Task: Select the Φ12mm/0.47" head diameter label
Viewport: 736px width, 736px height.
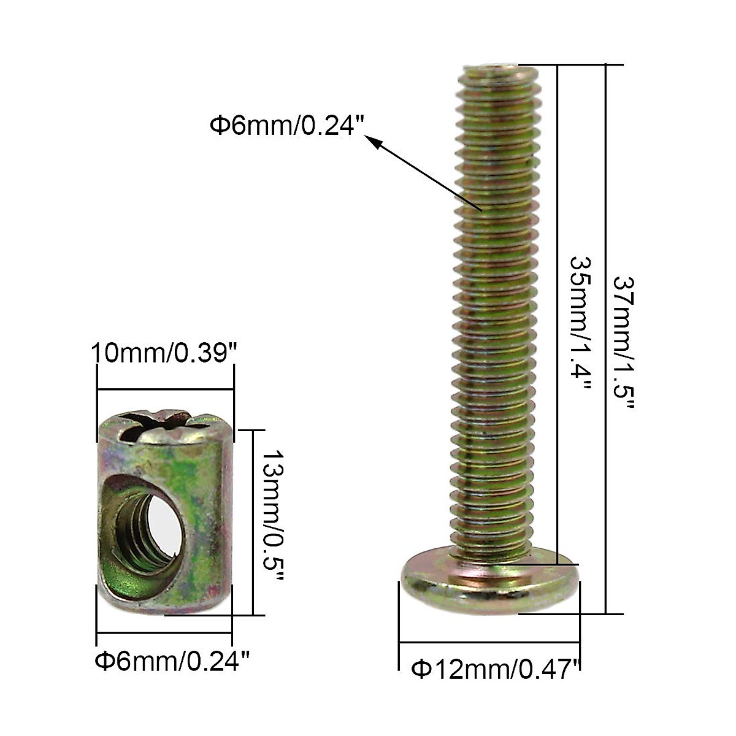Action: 496,669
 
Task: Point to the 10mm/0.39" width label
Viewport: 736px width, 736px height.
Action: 164,354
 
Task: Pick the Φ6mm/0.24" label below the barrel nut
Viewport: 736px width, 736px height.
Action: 172,662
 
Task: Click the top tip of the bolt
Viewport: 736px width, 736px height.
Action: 498,68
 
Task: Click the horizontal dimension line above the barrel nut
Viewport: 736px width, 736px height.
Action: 166,388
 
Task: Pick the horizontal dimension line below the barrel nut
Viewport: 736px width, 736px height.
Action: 164,633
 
